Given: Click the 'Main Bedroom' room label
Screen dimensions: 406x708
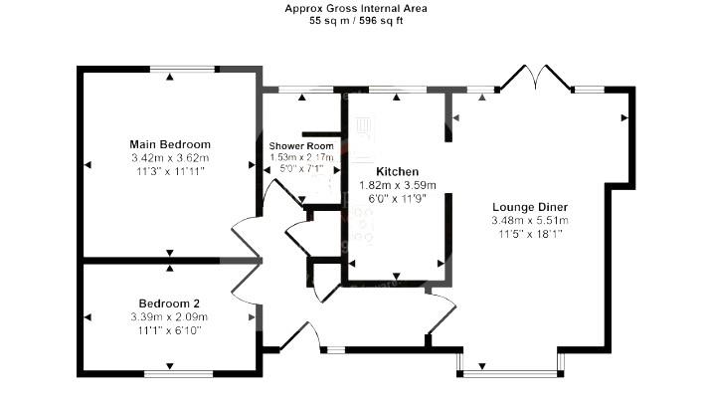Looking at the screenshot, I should [170, 144].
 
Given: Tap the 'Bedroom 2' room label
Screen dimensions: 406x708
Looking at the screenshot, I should [169, 304].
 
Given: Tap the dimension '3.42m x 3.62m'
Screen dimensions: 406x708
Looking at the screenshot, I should [170, 158].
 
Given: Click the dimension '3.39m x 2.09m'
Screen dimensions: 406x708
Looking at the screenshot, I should [169, 316].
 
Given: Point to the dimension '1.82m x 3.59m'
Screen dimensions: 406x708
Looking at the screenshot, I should [397, 185].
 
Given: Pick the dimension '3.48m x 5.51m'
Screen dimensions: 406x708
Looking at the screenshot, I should [529, 220].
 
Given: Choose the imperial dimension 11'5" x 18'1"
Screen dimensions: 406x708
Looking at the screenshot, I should [529, 234].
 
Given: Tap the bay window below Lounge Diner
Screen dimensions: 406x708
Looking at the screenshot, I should [510, 370].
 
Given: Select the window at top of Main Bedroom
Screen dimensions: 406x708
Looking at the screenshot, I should [184, 69].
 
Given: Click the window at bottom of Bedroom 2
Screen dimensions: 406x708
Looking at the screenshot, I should [178, 374].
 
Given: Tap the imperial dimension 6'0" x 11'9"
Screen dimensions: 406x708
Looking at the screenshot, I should [397, 198].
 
